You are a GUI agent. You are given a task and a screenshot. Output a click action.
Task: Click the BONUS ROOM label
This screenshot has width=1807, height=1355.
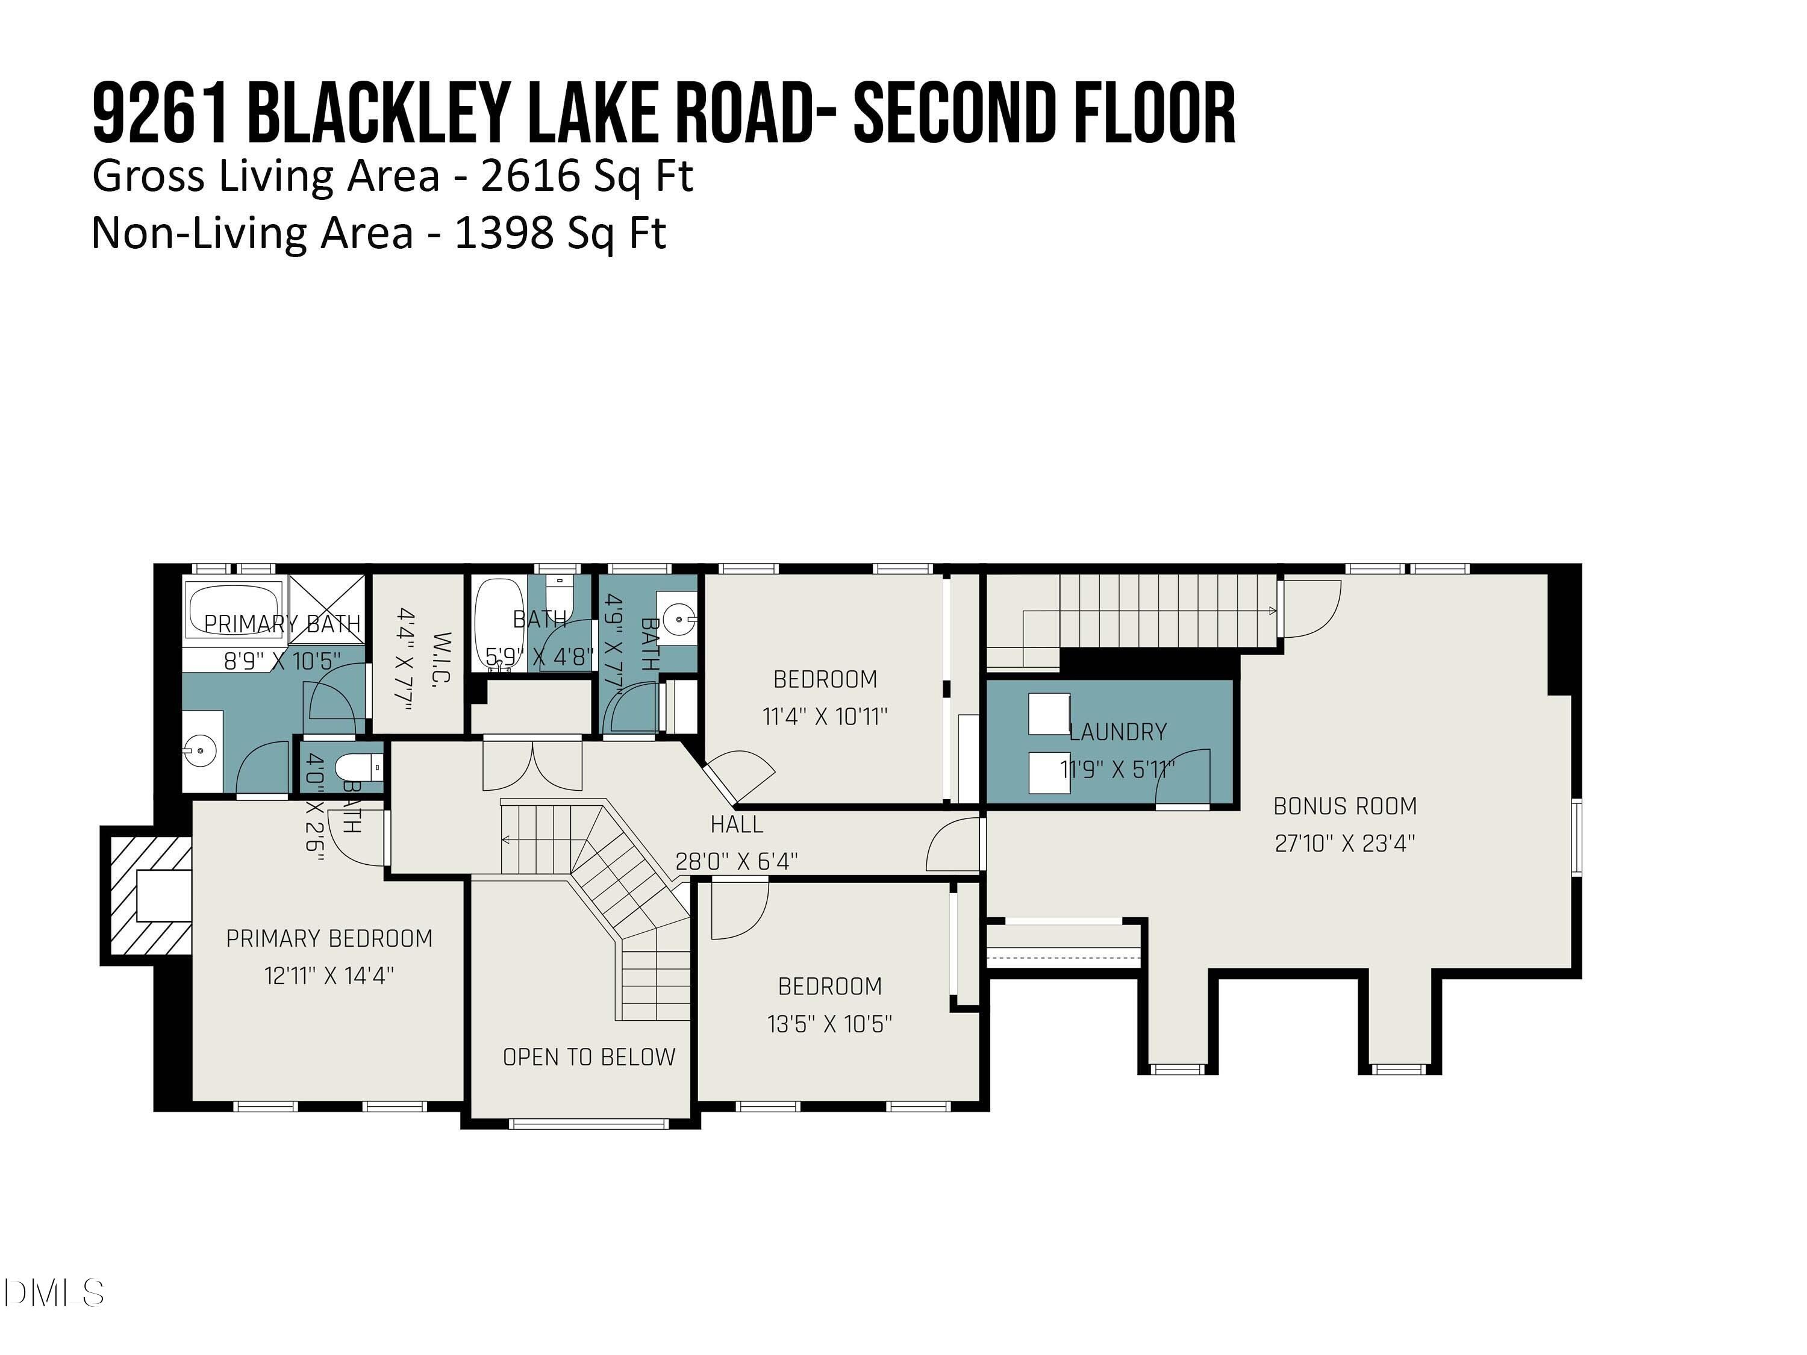click(x=1344, y=806)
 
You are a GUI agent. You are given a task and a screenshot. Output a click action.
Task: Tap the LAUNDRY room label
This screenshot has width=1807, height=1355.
click(x=1117, y=732)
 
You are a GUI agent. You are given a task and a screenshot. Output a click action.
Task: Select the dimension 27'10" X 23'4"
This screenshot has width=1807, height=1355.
click(x=1344, y=843)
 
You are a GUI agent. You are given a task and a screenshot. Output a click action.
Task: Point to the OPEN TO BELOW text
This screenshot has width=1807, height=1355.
click(x=589, y=1057)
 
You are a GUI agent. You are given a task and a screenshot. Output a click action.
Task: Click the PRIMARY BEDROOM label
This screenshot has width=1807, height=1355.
click(x=329, y=938)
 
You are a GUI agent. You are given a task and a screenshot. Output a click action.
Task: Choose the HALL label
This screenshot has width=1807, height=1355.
click(x=737, y=824)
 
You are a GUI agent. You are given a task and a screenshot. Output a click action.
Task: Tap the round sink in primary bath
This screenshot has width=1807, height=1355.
click(x=199, y=747)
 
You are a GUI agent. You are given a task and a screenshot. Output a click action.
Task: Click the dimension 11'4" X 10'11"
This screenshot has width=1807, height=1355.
click(x=825, y=716)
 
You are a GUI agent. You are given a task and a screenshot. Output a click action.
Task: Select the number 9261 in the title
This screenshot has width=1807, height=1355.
click(x=159, y=114)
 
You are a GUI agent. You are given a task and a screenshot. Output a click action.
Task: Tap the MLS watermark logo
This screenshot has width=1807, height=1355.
click(x=54, y=1293)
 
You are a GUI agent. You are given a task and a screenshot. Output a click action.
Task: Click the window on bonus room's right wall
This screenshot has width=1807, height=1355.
click(x=1578, y=838)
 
